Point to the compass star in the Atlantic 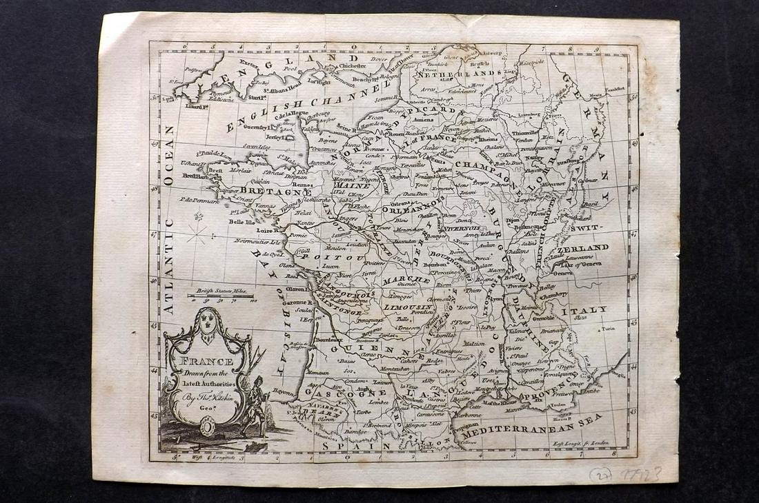coord(198,232)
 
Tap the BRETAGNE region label coord(266,191)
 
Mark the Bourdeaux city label coord(328,340)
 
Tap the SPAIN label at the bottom coord(355,447)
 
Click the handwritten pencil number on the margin coord(624,475)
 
